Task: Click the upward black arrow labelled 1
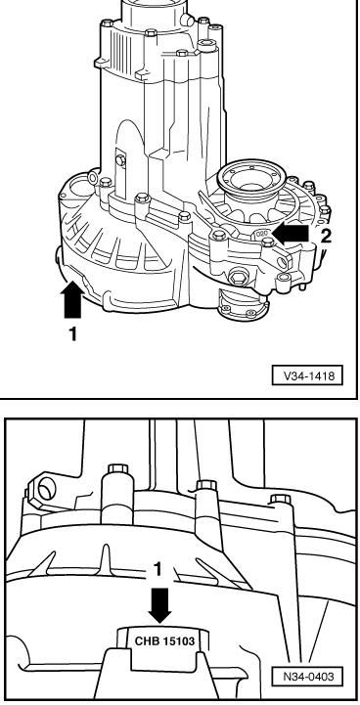click(72, 298)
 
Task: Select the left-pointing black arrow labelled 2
click(292, 234)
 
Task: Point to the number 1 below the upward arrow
click(72, 333)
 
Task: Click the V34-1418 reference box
click(307, 375)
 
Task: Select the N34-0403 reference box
click(306, 676)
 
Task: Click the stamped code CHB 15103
click(164, 640)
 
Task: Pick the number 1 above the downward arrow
click(157, 570)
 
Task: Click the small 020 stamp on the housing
click(262, 234)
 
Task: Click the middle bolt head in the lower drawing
click(206, 486)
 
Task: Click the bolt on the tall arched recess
click(120, 160)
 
